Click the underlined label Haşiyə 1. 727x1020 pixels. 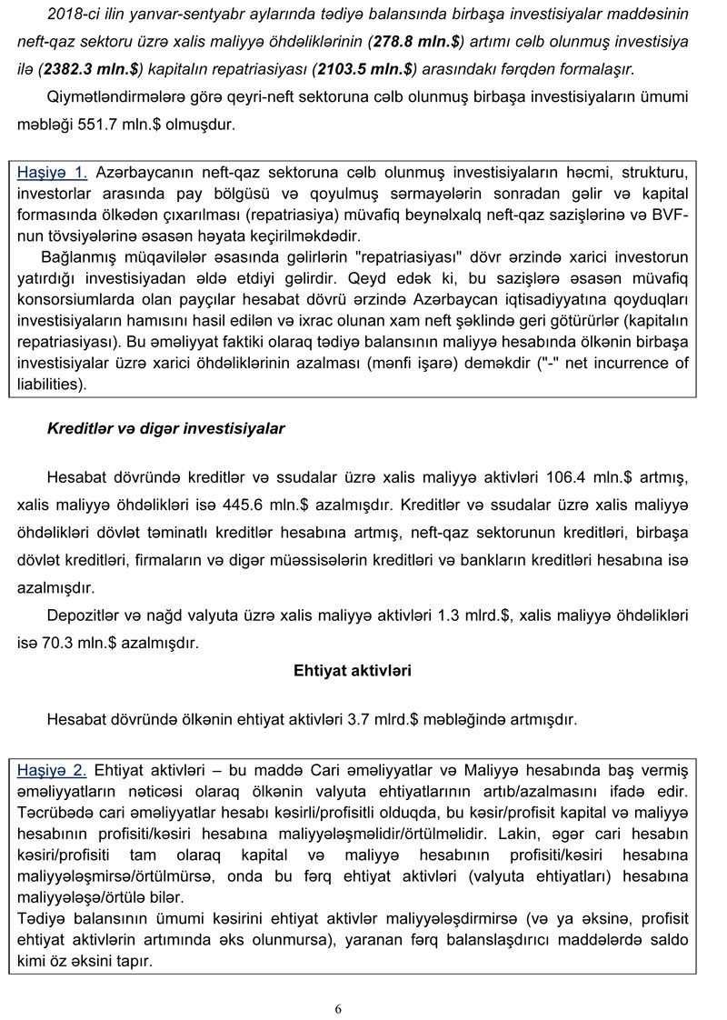(53, 171)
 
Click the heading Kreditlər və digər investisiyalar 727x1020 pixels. (165, 429)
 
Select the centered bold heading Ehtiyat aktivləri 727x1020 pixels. (353, 671)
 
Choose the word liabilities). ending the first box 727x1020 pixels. (52, 385)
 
